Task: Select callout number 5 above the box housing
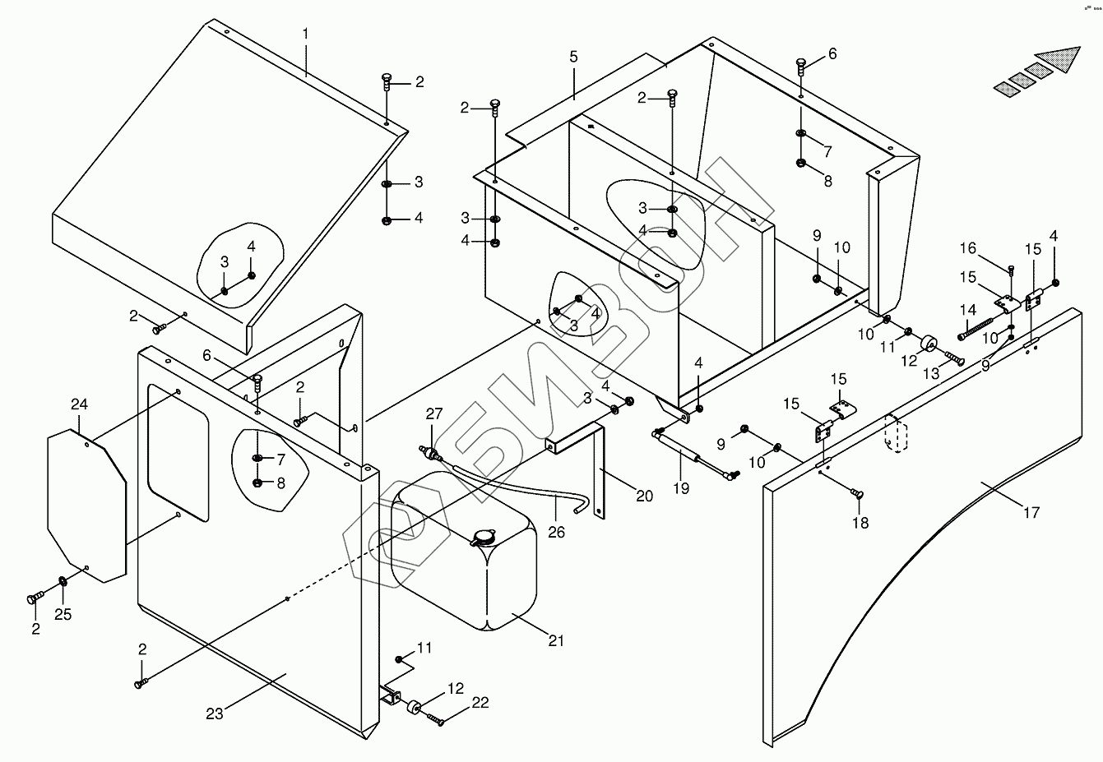pos(573,57)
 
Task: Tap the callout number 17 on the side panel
pos(1031,512)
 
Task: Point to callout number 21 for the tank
pos(557,640)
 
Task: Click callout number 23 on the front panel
pos(214,714)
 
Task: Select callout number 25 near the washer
pos(63,614)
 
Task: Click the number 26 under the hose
pos(557,532)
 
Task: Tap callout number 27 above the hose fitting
pos(433,413)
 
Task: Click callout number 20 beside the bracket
pos(644,496)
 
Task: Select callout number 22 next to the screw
pos(480,703)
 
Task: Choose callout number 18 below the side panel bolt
pos(860,523)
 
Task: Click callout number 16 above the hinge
pos(967,248)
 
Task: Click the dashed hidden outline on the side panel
pos(894,433)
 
